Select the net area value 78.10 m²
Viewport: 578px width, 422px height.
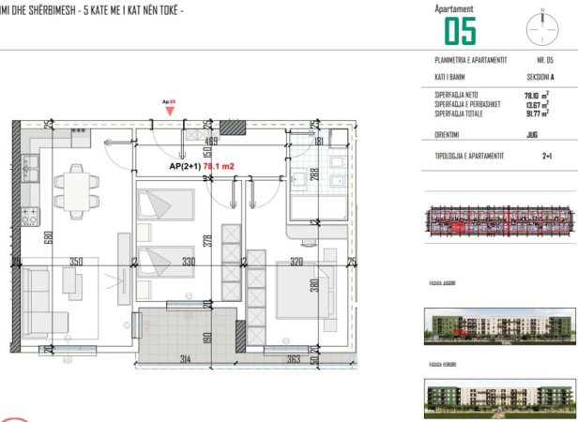537,94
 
